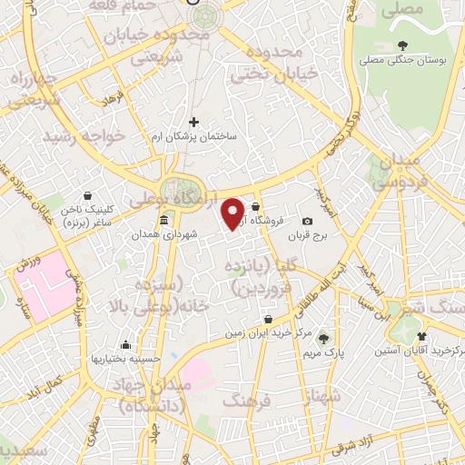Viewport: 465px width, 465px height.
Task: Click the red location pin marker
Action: click(x=234, y=213)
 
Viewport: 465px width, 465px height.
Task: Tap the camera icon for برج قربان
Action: click(x=307, y=222)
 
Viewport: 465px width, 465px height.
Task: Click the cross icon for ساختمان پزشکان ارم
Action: click(x=193, y=122)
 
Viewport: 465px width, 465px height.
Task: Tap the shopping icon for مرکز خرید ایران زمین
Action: click(x=269, y=320)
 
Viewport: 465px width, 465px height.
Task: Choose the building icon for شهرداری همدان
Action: click(x=163, y=222)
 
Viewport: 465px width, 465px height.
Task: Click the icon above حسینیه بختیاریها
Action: click(x=125, y=345)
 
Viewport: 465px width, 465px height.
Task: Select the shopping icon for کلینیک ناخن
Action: click(x=88, y=195)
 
